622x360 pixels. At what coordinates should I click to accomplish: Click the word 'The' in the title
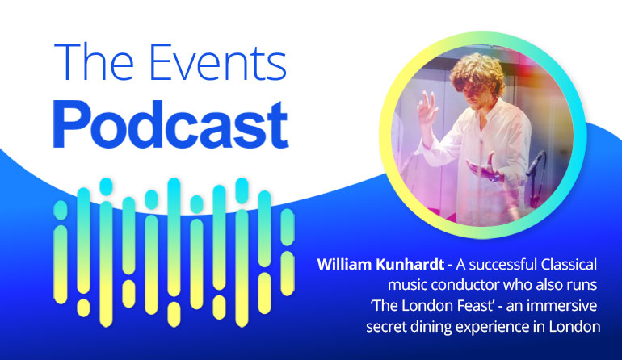pos(93,61)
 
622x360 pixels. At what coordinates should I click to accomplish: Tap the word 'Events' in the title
pos(218,61)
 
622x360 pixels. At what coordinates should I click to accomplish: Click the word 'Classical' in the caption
pos(569,265)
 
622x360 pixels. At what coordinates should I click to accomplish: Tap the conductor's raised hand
pos(427,107)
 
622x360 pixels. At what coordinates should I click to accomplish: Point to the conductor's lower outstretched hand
pos(483,167)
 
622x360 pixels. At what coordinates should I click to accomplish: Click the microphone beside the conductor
pos(535,163)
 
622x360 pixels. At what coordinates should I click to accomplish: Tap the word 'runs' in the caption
pos(582,286)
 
